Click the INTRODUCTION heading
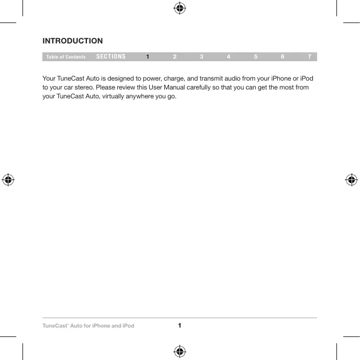[73, 41]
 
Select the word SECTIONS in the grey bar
[111, 57]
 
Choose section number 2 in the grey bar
[175, 57]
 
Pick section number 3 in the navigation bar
[201, 57]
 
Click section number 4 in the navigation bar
[229, 57]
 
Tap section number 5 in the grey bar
[255, 57]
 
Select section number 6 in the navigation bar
[283, 57]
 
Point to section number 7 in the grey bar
[310, 57]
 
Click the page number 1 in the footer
[179, 325]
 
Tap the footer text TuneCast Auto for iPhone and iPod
[88, 326]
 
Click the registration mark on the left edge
[8, 179]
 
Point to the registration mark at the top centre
[179, 8]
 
